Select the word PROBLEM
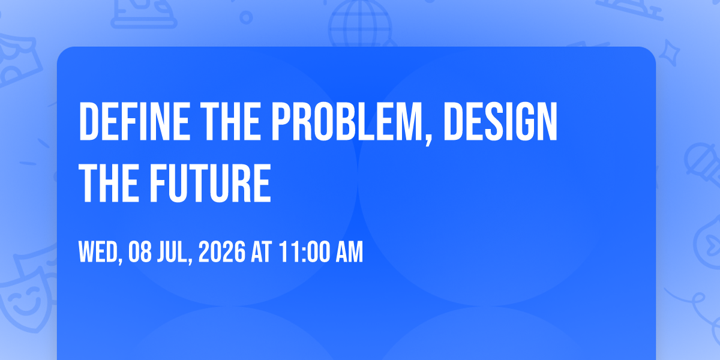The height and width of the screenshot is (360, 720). (347, 121)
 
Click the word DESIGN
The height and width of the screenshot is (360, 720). (500, 121)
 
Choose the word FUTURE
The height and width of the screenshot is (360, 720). (210, 183)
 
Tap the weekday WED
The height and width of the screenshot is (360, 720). (98, 251)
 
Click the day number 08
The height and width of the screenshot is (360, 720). (140, 251)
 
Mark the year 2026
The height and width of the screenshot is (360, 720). (222, 251)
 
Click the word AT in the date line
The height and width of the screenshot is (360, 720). (262, 251)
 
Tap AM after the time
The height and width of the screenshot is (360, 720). (349, 251)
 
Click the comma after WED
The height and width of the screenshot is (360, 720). (121, 260)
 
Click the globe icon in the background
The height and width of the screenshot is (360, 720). (361, 24)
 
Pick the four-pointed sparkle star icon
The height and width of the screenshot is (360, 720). (669, 53)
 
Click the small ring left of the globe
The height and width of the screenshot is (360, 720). (246, 17)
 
